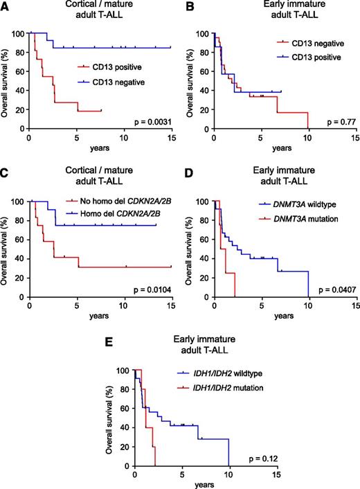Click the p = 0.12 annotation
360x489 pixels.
[x=258, y=459]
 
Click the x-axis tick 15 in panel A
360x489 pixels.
[x=170, y=137]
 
